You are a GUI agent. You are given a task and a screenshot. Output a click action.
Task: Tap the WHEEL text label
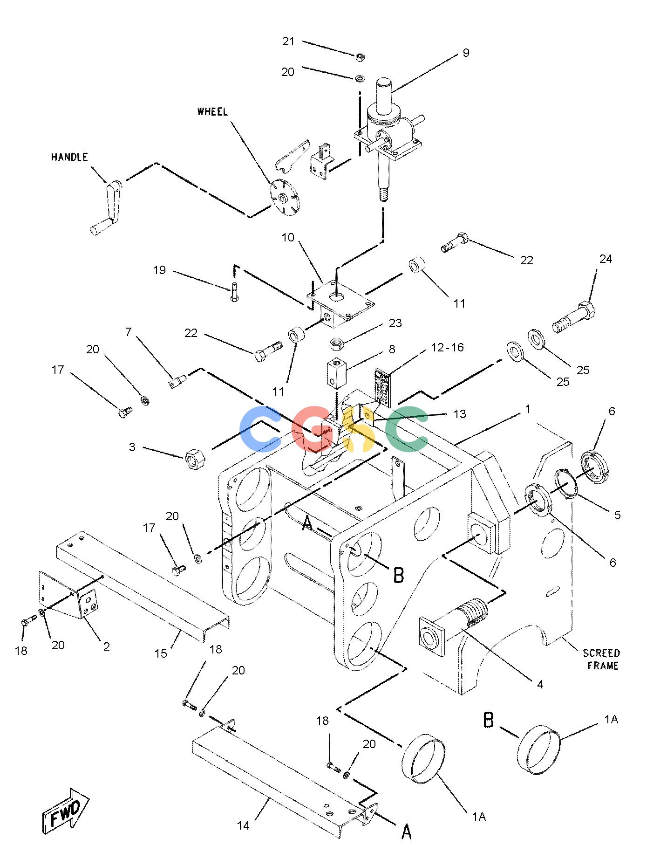pos(213,111)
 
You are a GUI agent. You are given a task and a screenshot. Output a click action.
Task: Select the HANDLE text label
pos(69,157)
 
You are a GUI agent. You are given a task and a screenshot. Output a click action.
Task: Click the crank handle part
pos(108,206)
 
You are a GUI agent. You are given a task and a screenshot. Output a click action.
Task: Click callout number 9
pos(466,53)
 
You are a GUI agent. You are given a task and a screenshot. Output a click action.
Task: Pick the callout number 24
pos(606,259)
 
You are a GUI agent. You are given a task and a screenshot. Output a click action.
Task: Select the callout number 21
pos(289,41)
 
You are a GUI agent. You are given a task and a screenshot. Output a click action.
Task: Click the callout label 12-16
pos(447,347)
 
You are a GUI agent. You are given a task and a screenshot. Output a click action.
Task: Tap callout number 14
pos(243,826)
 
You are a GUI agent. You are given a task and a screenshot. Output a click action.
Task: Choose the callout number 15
pos(161,653)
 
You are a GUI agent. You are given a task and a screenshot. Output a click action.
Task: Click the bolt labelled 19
pos(234,292)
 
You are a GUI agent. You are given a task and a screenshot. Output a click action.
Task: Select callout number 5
pos(617,515)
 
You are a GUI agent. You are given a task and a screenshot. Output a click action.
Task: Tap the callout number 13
pos(460,414)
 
